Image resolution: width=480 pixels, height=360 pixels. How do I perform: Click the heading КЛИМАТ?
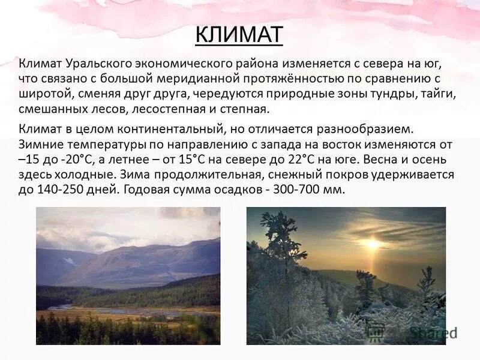click(239, 34)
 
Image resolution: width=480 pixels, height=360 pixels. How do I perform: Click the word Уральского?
click(93, 64)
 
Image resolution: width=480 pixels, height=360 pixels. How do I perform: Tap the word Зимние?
click(40, 145)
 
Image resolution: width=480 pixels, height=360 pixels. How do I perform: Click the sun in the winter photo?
click(373, 244)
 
